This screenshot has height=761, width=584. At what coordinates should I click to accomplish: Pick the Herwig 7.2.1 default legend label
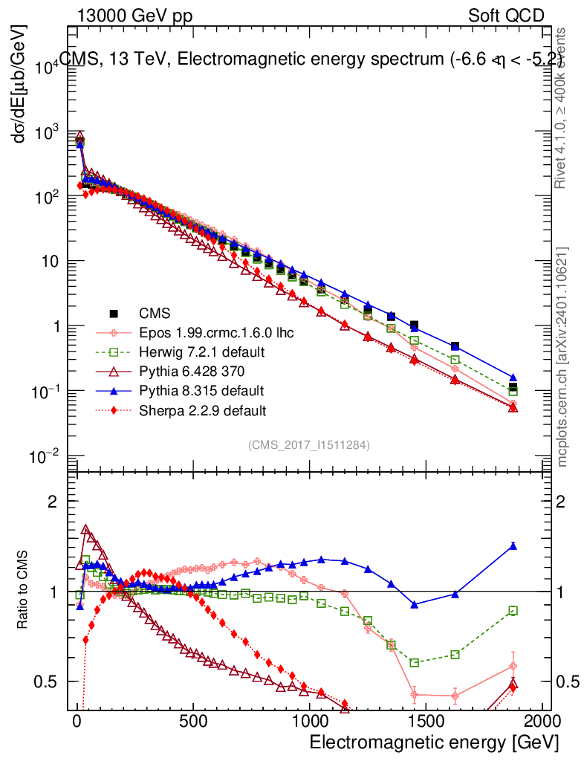point(201,352)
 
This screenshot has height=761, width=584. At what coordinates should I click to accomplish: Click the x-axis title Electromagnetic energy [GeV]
point(433,742)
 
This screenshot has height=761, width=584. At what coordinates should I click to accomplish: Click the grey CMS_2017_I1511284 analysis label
point(309,444)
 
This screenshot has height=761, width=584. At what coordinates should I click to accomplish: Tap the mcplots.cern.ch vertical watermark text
point(562,357)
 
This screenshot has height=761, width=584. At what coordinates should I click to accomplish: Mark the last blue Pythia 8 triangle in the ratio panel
point(513,546)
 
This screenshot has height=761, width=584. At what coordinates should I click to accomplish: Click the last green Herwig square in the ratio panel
point(513,611)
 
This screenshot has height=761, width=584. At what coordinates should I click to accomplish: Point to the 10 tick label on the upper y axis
point(49,262)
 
